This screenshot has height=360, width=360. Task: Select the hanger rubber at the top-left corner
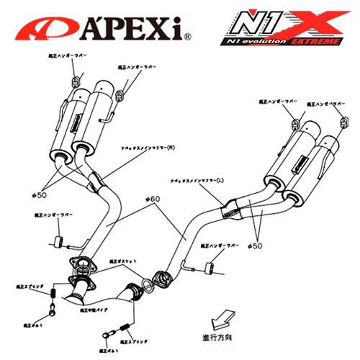pos(74,78)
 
